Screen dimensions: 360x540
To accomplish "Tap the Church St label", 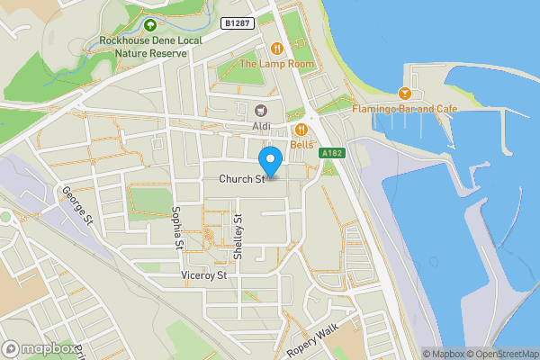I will tap(240, 179).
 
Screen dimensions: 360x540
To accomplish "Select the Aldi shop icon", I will tap(262, 110).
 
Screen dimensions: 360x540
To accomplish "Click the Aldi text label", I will tap(262, 126).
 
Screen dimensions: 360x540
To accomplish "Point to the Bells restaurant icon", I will tap(301, 130).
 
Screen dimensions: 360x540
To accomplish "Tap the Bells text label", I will tap(301, 145).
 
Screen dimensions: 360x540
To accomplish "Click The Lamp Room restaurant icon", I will tap(277, 48).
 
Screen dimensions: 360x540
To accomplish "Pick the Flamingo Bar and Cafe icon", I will tap(405, 93).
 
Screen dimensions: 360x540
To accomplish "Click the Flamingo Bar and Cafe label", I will tap(405, 109).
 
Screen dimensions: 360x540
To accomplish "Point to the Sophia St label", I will tap(177, 227).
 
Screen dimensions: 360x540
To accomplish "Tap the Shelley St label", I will tap(238, 238).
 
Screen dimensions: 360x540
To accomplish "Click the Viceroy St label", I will tap(203, 275).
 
